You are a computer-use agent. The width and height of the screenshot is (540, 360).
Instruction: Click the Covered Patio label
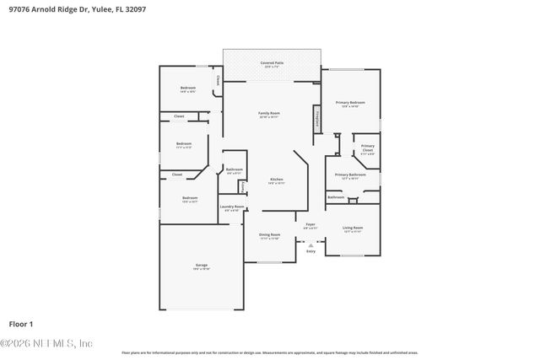point(271,63)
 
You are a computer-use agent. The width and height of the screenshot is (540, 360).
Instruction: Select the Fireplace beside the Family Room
point(317,118)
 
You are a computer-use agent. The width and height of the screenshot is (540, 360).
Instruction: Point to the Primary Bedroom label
point(350,103)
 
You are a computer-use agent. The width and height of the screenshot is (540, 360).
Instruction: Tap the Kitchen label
point(276,180)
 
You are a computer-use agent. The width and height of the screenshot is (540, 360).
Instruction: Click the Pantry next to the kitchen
point(243,187)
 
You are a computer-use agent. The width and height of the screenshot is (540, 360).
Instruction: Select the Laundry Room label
point(232,207)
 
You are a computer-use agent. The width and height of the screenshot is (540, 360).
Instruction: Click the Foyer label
point(310,225)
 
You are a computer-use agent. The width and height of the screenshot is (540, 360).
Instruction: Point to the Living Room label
point(352,228)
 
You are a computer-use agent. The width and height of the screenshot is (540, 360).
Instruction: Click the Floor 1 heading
point(20,324)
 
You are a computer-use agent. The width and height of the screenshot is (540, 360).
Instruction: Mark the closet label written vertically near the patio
point(219,81)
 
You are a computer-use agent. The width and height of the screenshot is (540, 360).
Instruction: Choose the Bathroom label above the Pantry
point(234,169)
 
